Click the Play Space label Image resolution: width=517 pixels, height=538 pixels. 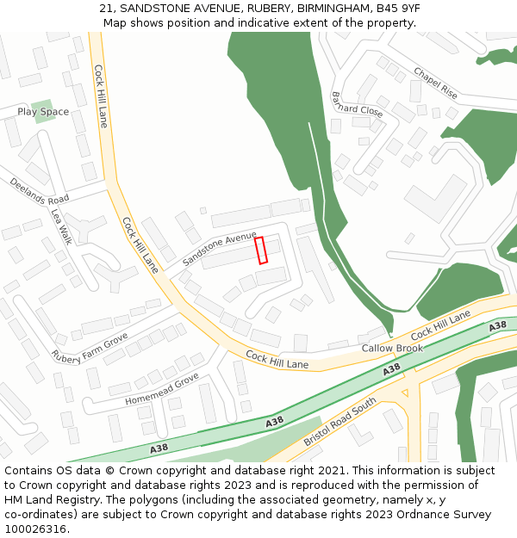click(43, 112)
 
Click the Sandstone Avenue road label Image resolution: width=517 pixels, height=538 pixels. click(220, 247)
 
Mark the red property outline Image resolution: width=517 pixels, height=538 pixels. click(261, 250)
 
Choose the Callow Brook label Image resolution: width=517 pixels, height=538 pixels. click(392, 349)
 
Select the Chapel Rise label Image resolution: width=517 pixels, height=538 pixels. click(436, 83)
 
